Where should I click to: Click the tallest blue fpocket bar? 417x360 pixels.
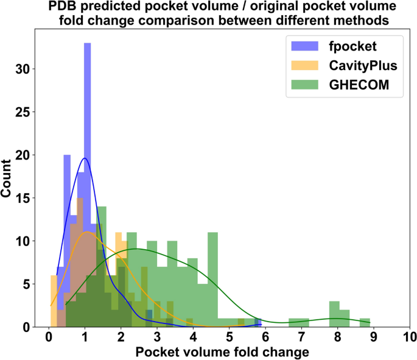[87, 183]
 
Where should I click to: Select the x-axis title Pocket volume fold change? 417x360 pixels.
[222, 352]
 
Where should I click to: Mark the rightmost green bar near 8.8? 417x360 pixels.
[365, 322]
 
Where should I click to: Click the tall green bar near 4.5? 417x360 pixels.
[212, 280]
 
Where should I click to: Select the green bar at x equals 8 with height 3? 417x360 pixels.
[334, 314]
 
